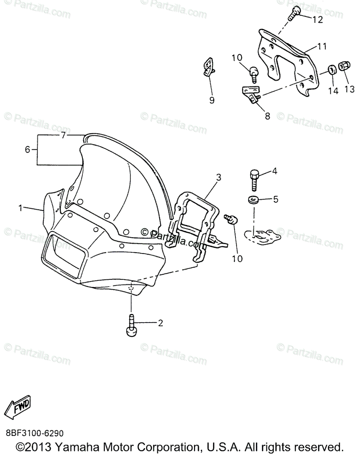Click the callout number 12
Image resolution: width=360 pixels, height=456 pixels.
(317, 19)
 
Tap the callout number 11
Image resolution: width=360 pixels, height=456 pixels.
(322, 47)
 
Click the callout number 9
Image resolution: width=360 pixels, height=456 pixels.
(212, 100)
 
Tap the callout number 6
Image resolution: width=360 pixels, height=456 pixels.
(27, 150)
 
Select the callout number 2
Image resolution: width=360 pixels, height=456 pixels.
(160, 323)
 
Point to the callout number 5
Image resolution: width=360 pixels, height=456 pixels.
(276, 199)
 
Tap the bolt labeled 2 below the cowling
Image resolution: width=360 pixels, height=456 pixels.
(131, 327)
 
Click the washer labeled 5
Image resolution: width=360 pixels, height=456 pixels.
(252, 199)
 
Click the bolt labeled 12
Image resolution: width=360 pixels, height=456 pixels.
(293, 14)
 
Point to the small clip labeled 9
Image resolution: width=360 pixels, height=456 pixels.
(208, 67)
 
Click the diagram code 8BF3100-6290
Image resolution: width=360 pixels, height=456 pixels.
(35, 434)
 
